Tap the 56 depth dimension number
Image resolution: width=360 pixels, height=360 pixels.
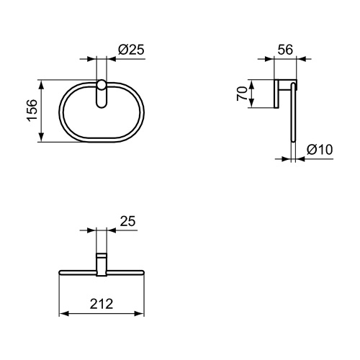coord(286,50)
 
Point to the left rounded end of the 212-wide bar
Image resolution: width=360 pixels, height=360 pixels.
coord(60,272)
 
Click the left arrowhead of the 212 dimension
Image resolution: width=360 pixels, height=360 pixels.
coord(62,314)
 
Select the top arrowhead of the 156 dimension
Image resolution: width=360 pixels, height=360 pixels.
coord(44,83)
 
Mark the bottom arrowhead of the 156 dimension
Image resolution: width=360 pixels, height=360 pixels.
coord(44,140)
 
